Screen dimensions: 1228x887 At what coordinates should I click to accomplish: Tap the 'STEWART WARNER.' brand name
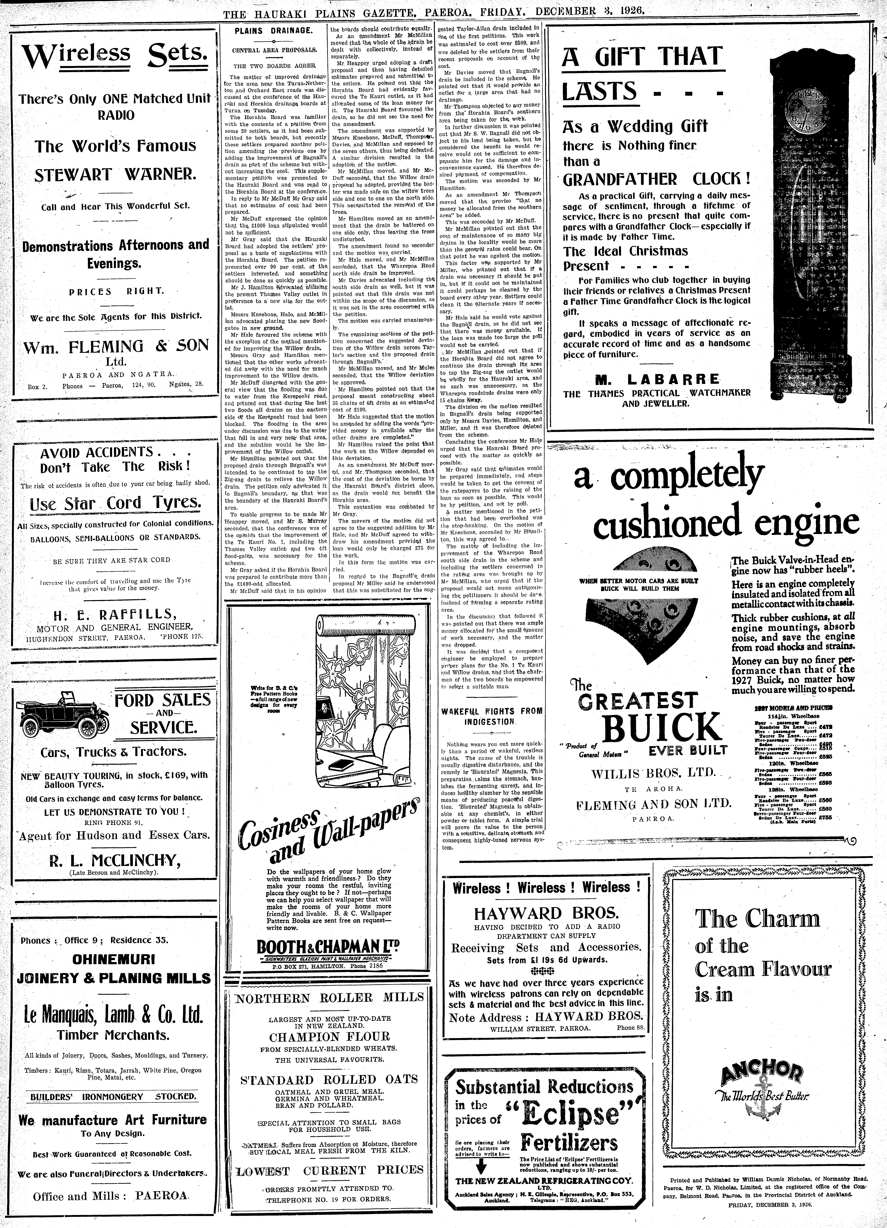(x=115, y=175)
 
